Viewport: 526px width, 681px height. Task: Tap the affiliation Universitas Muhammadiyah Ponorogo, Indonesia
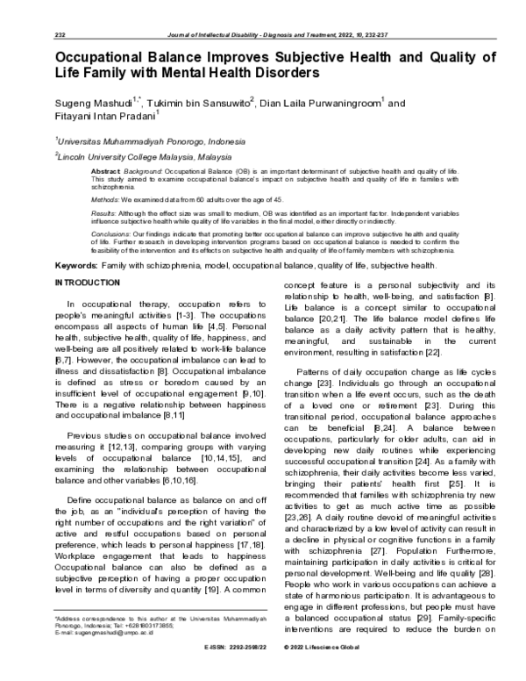pos(140,140)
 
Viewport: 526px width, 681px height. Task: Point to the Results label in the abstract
pos(104,213)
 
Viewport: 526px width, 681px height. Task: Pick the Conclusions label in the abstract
pos(111,233)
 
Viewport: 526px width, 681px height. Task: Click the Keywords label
pos(75,265)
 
